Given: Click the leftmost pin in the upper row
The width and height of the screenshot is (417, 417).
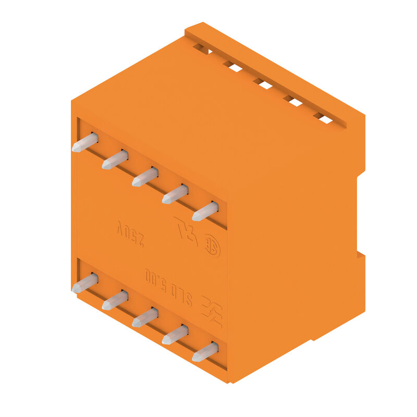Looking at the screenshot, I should tap(85, 142).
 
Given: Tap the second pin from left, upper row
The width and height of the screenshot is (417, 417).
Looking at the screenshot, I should tap(115, 160).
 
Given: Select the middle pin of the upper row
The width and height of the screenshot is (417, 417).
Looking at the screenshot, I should tap(145, 177).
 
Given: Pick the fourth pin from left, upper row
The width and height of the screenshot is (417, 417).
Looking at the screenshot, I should tap(175, 194).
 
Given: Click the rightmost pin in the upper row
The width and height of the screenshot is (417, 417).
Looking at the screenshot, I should tap(205, 211).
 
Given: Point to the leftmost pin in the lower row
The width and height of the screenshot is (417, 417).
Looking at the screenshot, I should tap(85, 283).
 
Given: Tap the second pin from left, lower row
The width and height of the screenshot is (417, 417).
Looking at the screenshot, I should tap(115, 300).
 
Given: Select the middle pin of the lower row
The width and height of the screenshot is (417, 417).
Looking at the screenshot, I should tap(145, 317).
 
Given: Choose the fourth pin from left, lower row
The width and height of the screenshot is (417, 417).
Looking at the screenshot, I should tap(175, 335).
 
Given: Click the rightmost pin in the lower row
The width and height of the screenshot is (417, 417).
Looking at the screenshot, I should tap(205, 352).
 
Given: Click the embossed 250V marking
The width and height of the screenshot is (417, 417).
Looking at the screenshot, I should tap(129, 234).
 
